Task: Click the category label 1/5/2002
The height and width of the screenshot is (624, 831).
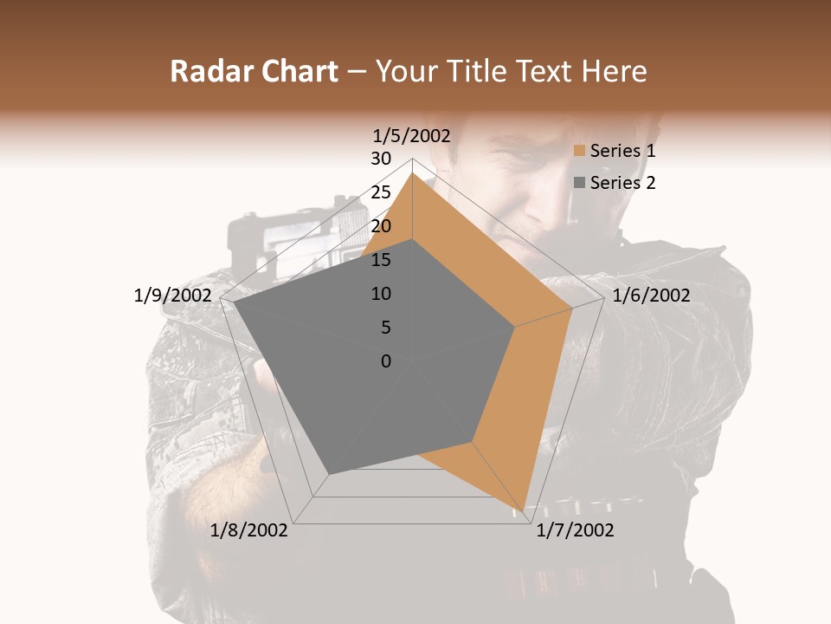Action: pyautogui.click(x=412, y=135)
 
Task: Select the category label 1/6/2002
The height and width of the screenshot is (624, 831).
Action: pyautogui.click(x=651, y=296)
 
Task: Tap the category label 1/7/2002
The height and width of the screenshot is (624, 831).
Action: pyautogui.click(x=575, y=530)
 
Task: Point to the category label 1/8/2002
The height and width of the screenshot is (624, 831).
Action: pyautogui.click(x=249, y=530)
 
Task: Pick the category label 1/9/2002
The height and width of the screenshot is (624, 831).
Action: pyautogui.click(x=173, y=296)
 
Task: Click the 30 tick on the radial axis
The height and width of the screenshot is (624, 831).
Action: pyautogui.click(x=381, y=159)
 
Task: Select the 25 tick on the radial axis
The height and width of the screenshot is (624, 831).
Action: pyautogui.click(x=381, y=192)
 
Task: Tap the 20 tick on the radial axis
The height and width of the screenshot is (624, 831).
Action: pyautogui.click(x=381, y=226)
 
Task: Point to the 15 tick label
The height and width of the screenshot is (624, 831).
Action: pyautogui.click(x=381, y=260)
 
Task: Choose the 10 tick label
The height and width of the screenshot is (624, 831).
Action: pyautogui.click(x=381, y=294)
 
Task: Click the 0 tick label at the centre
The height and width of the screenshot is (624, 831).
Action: pyautogui.click(x=386, y=361)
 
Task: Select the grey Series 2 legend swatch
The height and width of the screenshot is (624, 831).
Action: pyautogui.click(x=580, y=183)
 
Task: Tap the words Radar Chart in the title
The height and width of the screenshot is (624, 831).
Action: pyautogui.click(x=253, y=72)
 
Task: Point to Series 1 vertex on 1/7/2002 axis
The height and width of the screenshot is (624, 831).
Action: pyautogui.click(x=525, y=510)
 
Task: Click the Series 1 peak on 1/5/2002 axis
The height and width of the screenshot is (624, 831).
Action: pyautogui.click(x=412, y=173)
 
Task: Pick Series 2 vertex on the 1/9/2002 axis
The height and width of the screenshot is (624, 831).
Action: pyautogui.click(x=234, y=303)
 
